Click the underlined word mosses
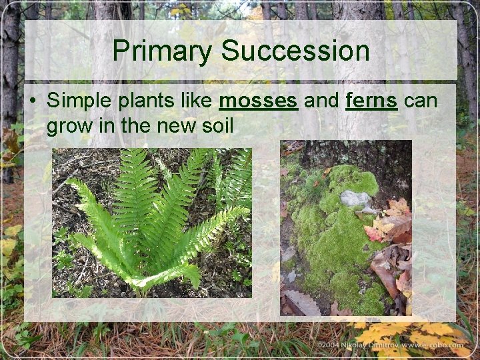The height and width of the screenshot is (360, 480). tap(258, 101)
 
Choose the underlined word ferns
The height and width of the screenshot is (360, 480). tap(371, 101)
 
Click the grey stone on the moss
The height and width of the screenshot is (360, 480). tap(354, 197)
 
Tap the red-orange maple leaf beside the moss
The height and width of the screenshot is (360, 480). tap(375, 232)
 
